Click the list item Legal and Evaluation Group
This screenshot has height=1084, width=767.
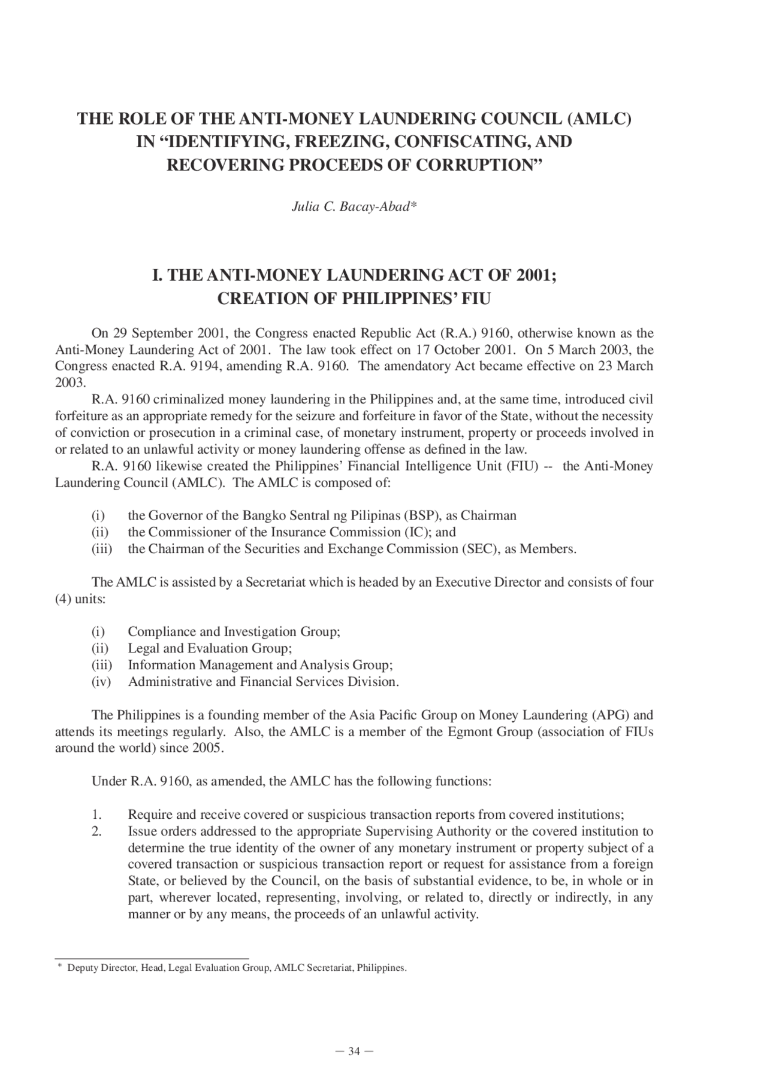pyautogui.click(x=210, y=648)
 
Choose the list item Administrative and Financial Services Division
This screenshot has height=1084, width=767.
pyautogui.click(x=263, y=682)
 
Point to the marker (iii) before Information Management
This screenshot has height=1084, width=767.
pyautogui.click(x=102, y=665)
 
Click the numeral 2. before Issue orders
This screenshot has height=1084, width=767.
pyautogui.click(x=97, y=831)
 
